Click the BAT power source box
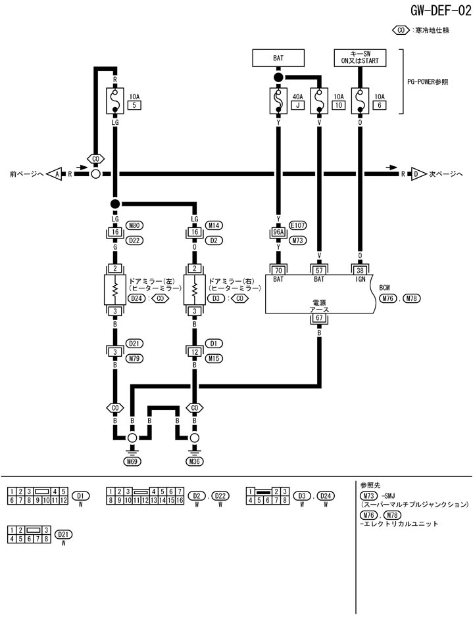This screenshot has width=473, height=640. (x=278, y=58)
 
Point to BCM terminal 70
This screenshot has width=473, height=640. (x=278, y=269)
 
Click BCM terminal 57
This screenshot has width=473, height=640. (x=319, y=269)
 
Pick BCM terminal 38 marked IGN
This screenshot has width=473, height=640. (x=360, y=269)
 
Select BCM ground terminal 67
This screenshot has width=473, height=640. (x=319, y=319)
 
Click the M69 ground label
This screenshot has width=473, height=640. (x=132, y=461)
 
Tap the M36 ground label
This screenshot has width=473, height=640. (x=195, y=461)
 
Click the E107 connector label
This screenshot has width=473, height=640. (x=298, y=225)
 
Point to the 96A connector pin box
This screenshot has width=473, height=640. (x=278, y=232)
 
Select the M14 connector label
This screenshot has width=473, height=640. (x=214, y=225)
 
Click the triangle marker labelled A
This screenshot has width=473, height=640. (x=57, y=174)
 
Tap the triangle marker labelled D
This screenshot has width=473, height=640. (x=416, y=174)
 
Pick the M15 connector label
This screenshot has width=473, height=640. (x=214, y=358)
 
